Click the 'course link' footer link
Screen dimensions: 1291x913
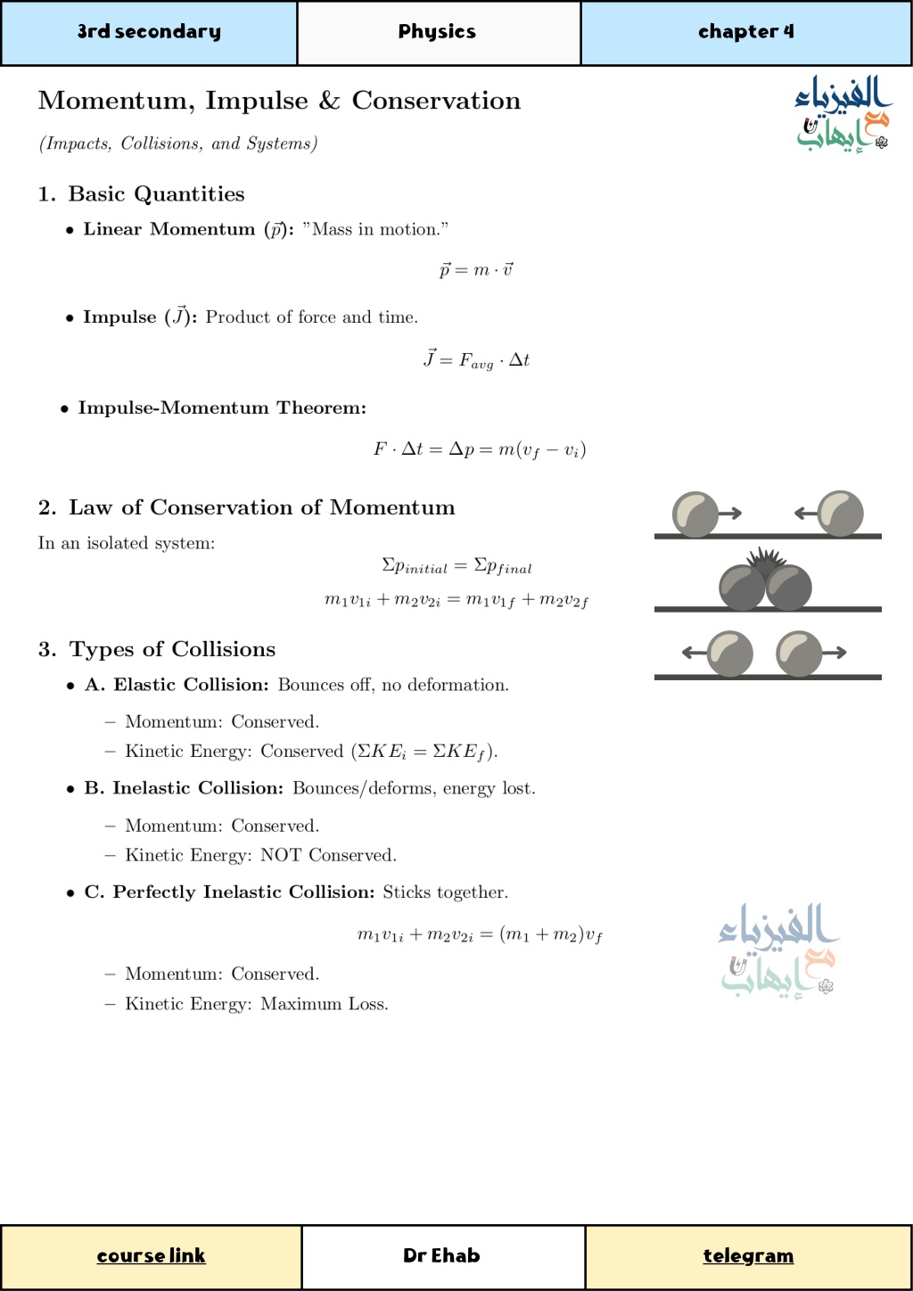point(151,1255)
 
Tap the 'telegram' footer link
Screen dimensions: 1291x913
point(748,1255)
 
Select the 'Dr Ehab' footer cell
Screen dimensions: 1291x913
point(441,1255)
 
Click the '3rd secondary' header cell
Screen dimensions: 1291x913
point(149,32)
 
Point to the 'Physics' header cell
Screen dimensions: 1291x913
point(437,32)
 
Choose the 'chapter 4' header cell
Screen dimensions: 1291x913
point(745,32)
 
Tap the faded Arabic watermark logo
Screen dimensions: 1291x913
point(778,950)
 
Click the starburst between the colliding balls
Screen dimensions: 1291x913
point(766,561)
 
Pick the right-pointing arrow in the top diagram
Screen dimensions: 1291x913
point(730,513)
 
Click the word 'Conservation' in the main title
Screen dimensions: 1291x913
point(436,101)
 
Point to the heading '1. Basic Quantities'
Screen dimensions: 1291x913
point(141,194)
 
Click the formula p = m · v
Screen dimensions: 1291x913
point(476,269)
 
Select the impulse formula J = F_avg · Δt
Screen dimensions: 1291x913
point(476,360)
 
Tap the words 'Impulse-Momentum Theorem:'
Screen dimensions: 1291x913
point(222,408)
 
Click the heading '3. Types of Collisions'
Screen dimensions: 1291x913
point(157,649)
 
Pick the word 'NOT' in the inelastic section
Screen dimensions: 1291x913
point(281,855)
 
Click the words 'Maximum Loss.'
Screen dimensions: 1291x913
point(325,1004)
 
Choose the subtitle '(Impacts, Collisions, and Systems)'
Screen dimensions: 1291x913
point(178,144)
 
